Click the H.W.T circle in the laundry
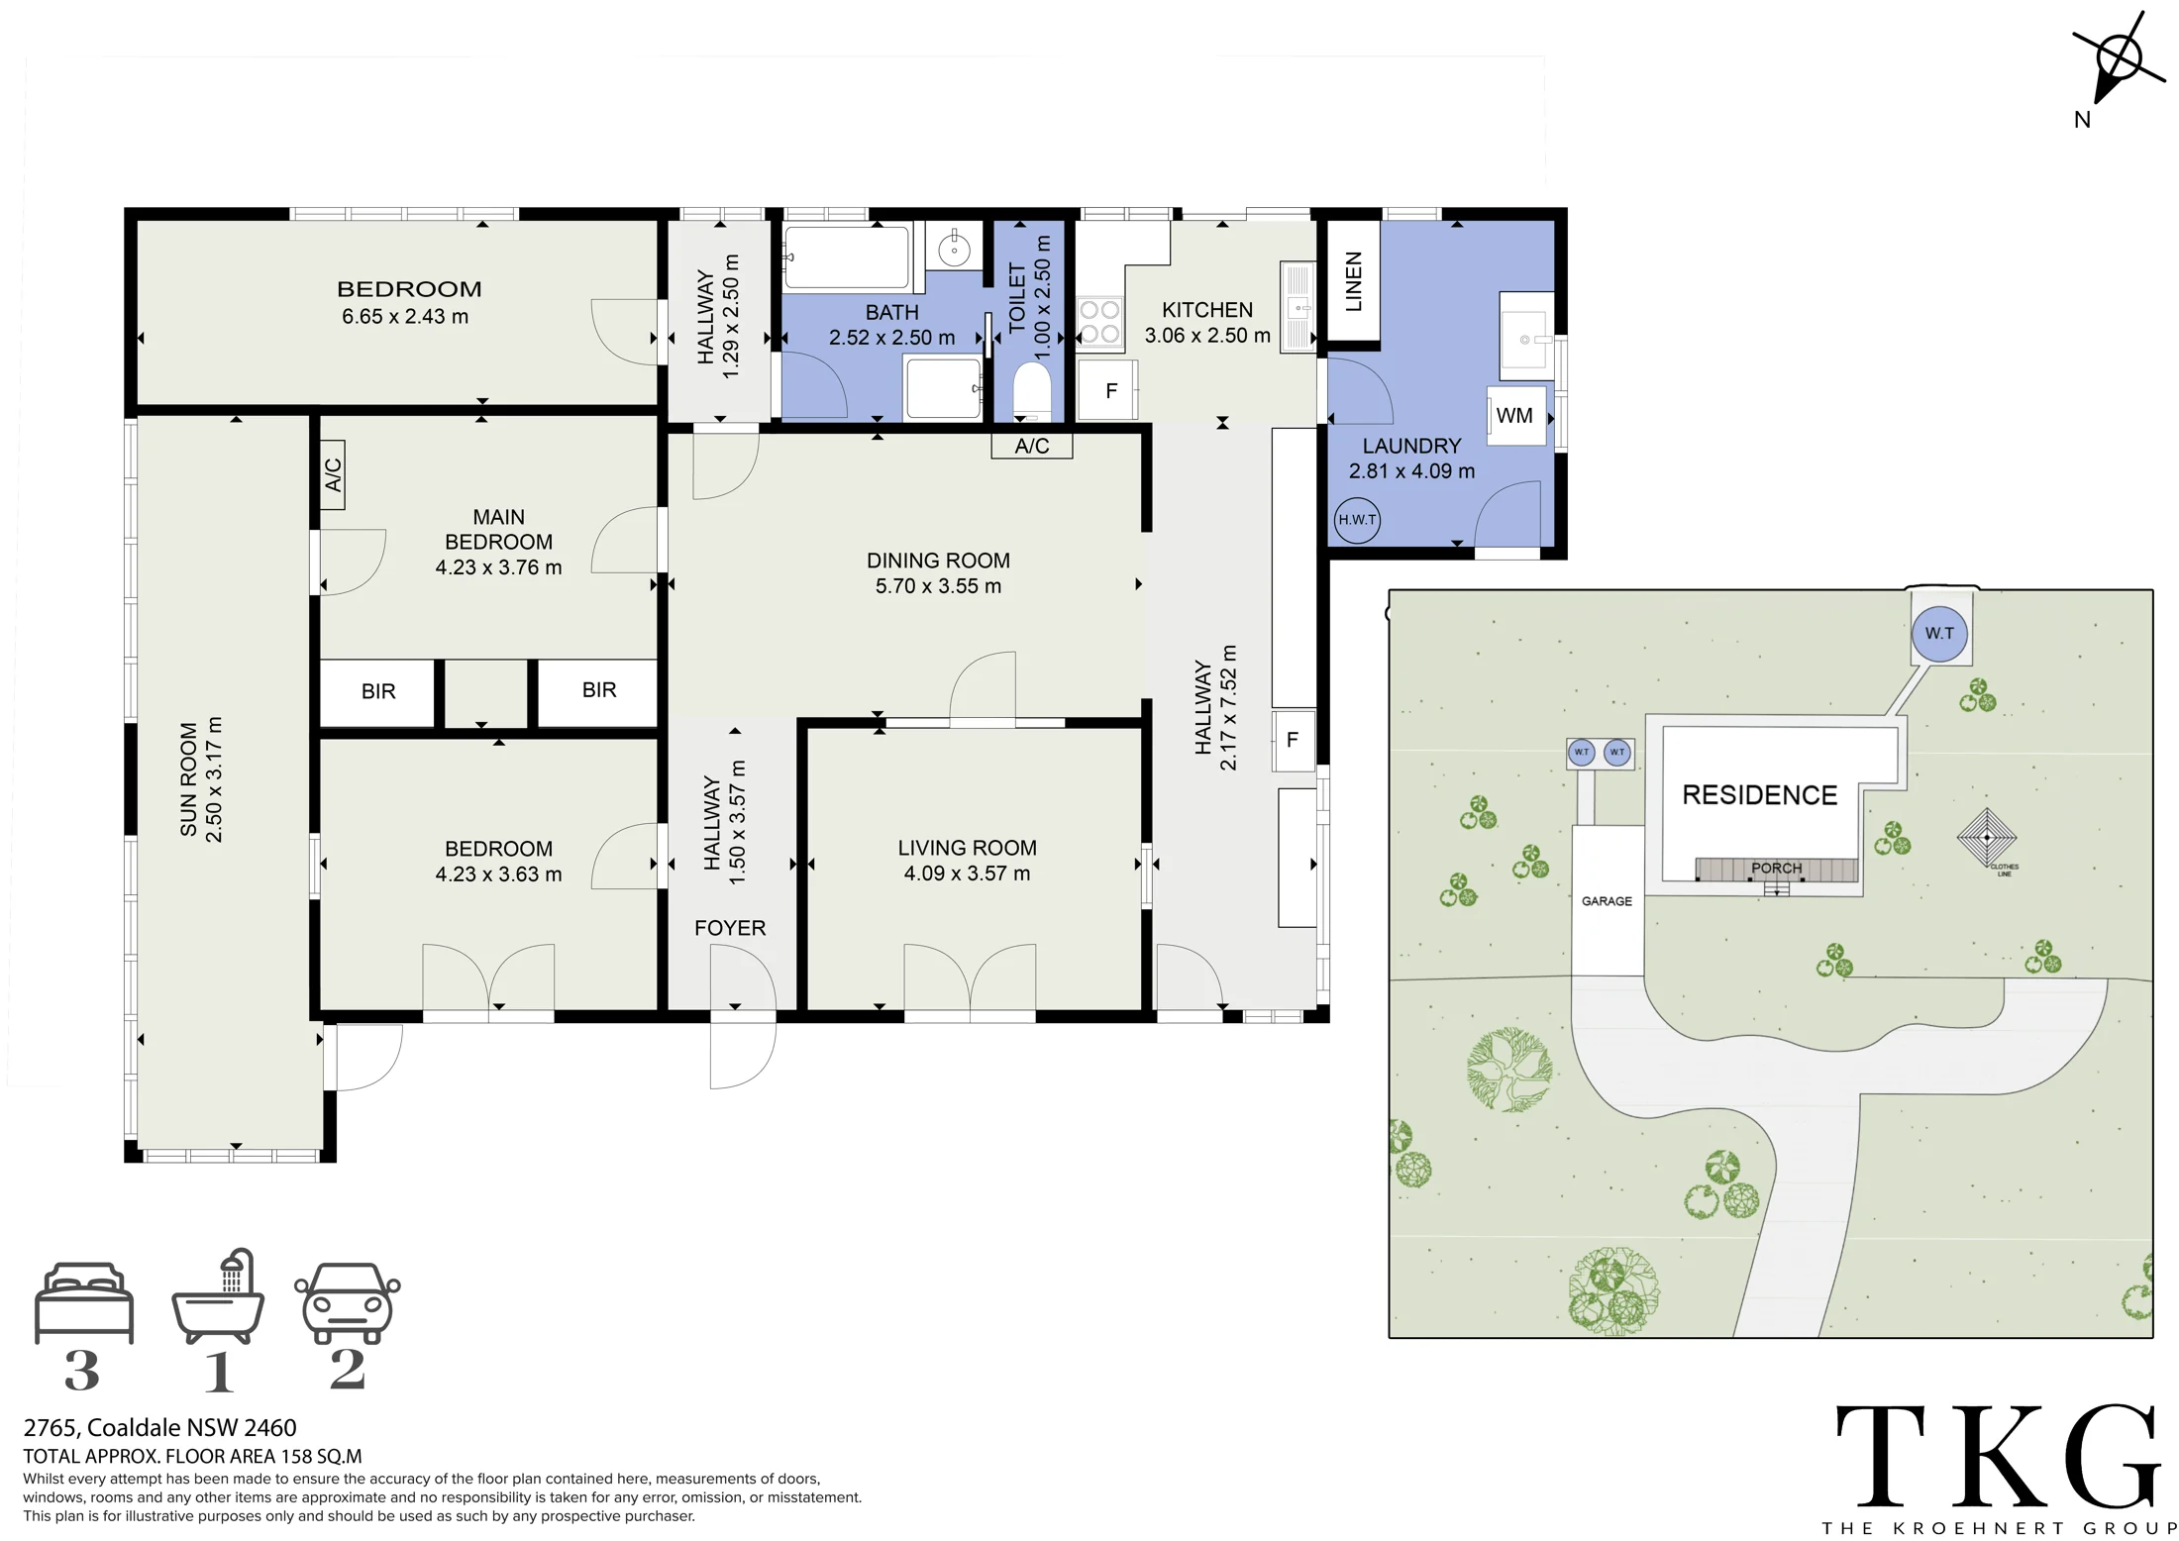click(x=1356, y=520)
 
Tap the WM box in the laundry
click(x=1516, y=416)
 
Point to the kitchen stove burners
click(x=1099, y=322)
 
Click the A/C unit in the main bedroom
click(x=333, y=474)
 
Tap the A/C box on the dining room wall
click(x=1032, y=447)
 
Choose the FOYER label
click(x=730, y=928)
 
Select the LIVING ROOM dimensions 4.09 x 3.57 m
click(x=967, y=873)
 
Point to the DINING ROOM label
click(x=938, y=561)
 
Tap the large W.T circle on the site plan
click(x=1939, y=634)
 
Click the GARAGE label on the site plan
click(x=1607, y=901)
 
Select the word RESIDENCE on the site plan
click(x=1759, y=795)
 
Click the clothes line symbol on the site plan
click(x=1987, y=838)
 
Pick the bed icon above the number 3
click(x=84, y=1302)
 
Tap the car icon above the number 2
click(x=348, y=1302)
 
